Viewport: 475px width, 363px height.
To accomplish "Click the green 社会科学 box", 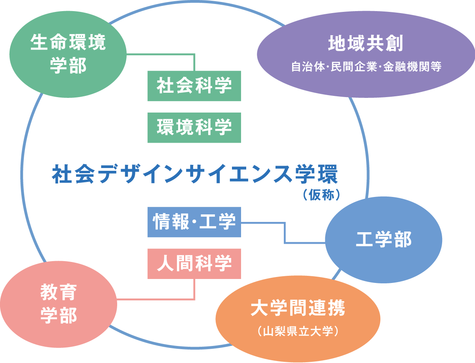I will pos(194,86).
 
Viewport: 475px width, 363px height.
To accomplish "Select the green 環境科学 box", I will pos(194,128).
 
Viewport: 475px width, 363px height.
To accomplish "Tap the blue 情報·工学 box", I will pos(194,222).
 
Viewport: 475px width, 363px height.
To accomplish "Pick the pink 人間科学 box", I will pos(194,264).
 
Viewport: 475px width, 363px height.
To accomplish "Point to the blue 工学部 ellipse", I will pos(384,240).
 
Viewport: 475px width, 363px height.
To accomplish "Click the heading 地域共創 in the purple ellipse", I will pos(365,44).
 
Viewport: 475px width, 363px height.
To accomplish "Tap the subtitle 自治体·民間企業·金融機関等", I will pos(366,67).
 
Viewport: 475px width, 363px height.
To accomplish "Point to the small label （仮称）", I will pos(321,196).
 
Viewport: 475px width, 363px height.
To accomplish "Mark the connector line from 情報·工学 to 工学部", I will pos(285,234).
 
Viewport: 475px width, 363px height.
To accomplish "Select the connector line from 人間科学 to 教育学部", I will pos(158,298).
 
